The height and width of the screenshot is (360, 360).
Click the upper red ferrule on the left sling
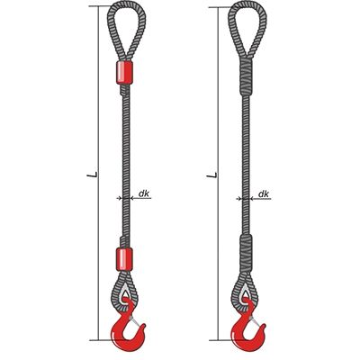pyautogui.click(x=124, y=73)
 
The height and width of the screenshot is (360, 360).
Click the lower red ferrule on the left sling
pyautogui.click(x=124, y=259)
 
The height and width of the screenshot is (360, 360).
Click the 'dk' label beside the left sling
pyautogui.click(x=144, y=193)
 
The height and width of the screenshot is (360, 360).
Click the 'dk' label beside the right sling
pyautogui.click(x=264, y=193)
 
